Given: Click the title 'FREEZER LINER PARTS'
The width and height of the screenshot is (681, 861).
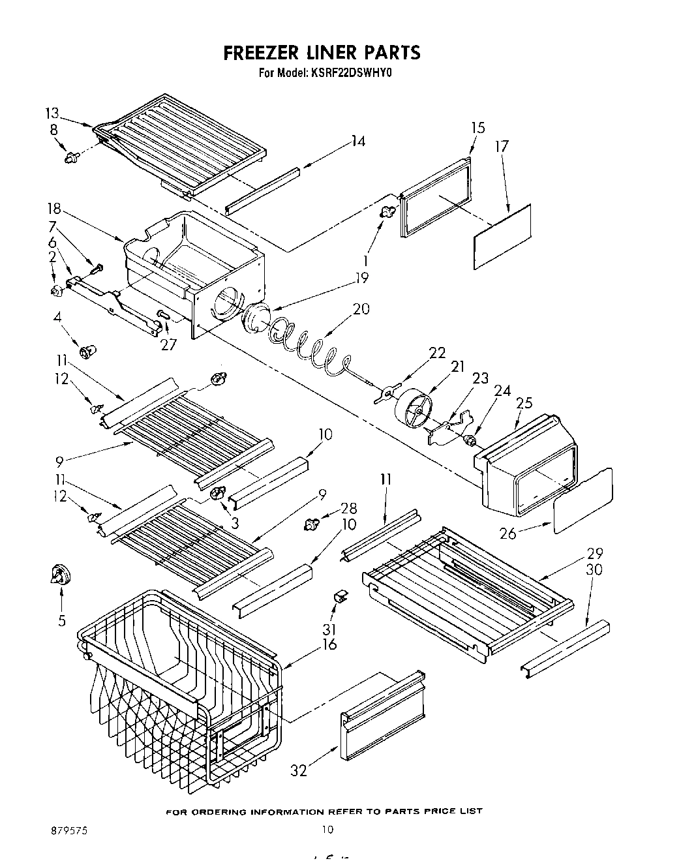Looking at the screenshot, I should [x=322, y=52].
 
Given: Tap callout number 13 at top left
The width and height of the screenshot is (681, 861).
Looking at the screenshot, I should [x=52, y=112].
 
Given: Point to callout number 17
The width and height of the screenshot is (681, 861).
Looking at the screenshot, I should [x=501, y=147].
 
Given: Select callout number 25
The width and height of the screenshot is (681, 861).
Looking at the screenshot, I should [x=524, y=404].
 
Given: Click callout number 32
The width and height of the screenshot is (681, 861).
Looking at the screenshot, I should [x=298, y=770].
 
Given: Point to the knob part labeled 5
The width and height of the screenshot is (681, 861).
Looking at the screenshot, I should [x=61, y=575].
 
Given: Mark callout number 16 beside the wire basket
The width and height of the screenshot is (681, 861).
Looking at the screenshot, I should [x=329, y=644].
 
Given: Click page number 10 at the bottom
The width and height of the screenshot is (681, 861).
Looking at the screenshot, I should [x=327, y=830].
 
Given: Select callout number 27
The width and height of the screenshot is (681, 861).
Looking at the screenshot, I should [x=168, y=344].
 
